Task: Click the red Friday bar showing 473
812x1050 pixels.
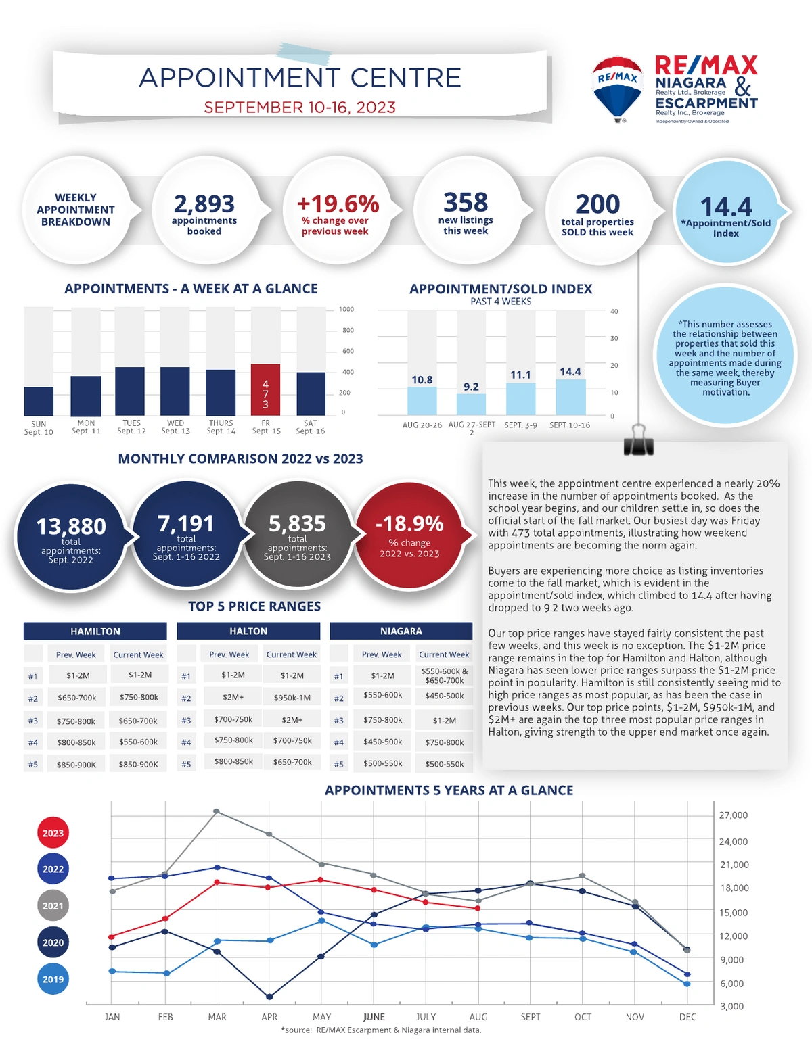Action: (265, 389)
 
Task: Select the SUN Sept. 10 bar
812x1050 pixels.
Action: (39, 401)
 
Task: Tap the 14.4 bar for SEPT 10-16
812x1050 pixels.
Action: (570, 397)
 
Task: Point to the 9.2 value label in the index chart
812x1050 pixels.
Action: (471, 387)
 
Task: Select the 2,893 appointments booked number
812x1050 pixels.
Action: (204, 204)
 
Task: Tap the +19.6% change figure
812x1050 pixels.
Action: (338, 204)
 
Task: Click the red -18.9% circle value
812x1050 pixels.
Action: (409, 523)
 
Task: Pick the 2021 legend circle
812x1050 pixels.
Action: (53, 905)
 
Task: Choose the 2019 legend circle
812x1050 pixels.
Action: (53, 979)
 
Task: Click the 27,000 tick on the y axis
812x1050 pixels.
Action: (734, 815)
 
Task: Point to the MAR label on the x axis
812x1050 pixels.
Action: (217, 1017)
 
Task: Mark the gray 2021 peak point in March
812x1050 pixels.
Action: (217, 811)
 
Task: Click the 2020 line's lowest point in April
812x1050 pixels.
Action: (269, 997)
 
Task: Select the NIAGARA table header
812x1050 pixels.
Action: (401, 631)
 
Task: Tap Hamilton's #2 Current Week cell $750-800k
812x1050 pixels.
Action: (139, 697)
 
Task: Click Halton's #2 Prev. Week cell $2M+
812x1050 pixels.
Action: (233, 697)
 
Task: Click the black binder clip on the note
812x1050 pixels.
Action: (638, 441)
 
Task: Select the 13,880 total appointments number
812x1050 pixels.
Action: (71, 526)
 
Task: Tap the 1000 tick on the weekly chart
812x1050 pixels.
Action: (346, 309)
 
